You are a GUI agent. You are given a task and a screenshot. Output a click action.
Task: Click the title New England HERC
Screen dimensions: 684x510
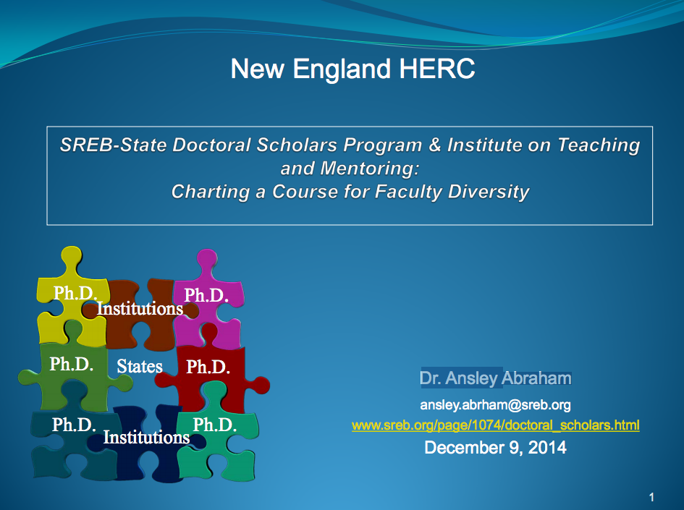[x=352, y=69]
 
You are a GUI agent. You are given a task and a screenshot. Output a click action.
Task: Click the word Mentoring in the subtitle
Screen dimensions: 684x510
[x=369, y=169]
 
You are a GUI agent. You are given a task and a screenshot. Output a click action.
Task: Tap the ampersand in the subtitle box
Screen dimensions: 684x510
[x=434, y=145]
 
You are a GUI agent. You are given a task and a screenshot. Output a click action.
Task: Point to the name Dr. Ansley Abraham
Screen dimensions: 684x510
[x=496, y=378]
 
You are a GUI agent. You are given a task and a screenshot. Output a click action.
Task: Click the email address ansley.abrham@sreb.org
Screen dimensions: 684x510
[x=495, y=405]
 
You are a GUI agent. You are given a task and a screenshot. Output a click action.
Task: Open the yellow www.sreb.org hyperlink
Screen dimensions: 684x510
[x=496, y=425]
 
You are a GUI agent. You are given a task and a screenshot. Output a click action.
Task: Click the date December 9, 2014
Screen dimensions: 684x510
[x=496, y=448]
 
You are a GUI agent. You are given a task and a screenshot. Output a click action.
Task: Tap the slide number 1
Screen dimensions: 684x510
[x=651, y=497]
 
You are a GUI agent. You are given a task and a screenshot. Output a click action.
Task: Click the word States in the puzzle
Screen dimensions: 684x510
[x=140, y=366]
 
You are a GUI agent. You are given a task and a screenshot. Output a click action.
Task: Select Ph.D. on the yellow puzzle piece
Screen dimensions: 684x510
[x=75, y=294]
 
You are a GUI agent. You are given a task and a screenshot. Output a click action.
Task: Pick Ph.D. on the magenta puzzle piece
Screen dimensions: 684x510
[x=206, y=296]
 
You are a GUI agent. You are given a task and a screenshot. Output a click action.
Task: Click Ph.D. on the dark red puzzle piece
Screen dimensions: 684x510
[x=208, y=367]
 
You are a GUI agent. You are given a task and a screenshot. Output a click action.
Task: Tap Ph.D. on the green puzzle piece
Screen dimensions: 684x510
[x=72, y=364]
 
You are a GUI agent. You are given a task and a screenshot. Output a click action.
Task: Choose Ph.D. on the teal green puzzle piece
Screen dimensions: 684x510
[x=215, y=425]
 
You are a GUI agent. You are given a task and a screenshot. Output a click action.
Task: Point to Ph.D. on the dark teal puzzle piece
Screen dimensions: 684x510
[x=74, y=425]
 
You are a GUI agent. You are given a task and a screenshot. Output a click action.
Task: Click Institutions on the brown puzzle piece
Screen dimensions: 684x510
[x=140, y=309]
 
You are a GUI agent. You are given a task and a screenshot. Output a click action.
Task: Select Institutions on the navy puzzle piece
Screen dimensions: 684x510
[x=146, y=437]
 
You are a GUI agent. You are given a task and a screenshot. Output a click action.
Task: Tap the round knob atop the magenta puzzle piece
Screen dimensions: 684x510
[x=207, y=260]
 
